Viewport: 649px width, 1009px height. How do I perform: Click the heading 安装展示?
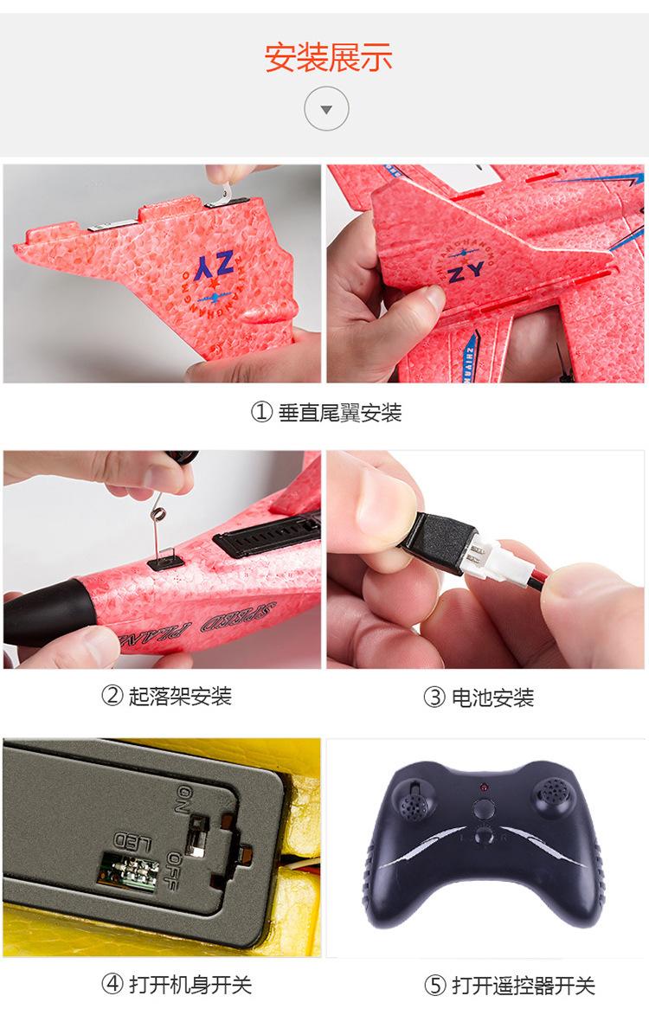pyautogui.click(x=328, y=57)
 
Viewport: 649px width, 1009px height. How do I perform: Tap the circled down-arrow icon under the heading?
pyautogui.click(x=326, y=110)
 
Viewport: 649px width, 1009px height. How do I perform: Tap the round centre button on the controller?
pyautogui.click(x=484, y=810)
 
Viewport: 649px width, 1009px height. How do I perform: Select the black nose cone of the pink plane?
pyautogui.click(x=43, y=610)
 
